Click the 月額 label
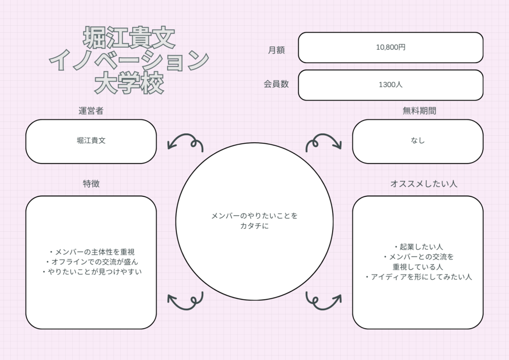pos(276,50)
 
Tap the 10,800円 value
pos(391,47)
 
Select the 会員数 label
pos(276,84)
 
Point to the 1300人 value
pos(391,85)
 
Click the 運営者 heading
pos(91,111)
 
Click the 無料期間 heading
pos(419,111)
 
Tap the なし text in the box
pos(418,140)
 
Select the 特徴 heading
pos(91,184)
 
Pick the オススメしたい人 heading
pos(424,184)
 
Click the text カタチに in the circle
pos(254,226)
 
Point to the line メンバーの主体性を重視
pos(91,252)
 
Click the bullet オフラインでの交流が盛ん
pos(91,262)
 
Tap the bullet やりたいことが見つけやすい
pos(91,271)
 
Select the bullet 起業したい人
pos(418,247)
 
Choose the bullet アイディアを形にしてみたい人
pos(418,277)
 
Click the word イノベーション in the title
pos(129,60)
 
